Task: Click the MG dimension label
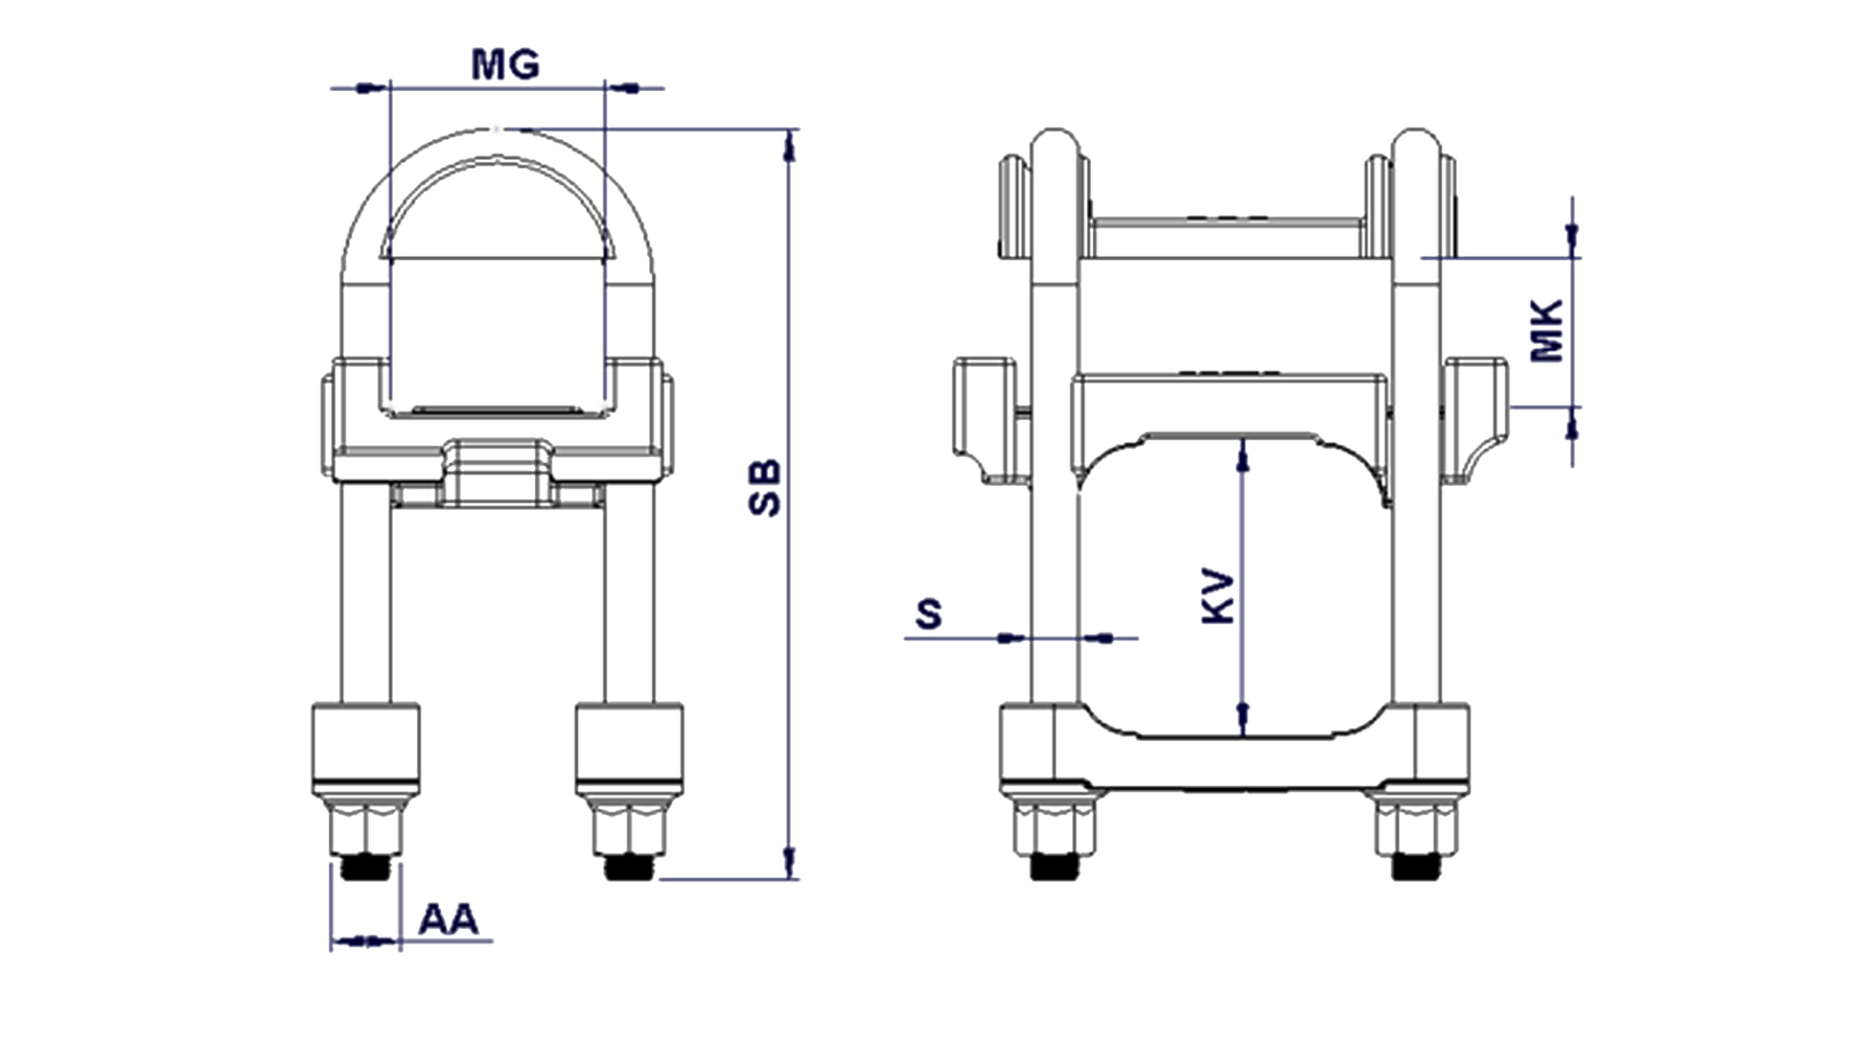(505, 64)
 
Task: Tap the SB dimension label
(766, 489)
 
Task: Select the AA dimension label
(448, 919)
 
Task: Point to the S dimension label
(928, 614)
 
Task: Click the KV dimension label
(1219, 597)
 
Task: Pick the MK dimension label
(1547, 331)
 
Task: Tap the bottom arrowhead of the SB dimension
(790, 861)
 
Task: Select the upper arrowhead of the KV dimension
(1243, 454)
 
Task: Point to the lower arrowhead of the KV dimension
(1243, 720)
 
